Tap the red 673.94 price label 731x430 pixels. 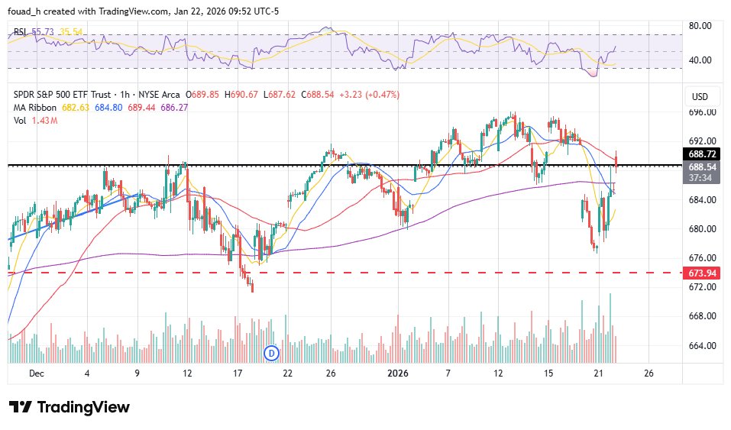pyautogui.click(x=703, y=273)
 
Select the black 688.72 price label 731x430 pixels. pyautogui.click(x=703, y=154)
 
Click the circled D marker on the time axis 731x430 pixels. pyautogui.click(x=270, y=353)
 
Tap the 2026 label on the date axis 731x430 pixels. pyautogui.click(x=398, y=373)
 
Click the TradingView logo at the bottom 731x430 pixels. pyautogui.click(x=69, y=407)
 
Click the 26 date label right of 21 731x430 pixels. pyautogui.click(x=649, y=373)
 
